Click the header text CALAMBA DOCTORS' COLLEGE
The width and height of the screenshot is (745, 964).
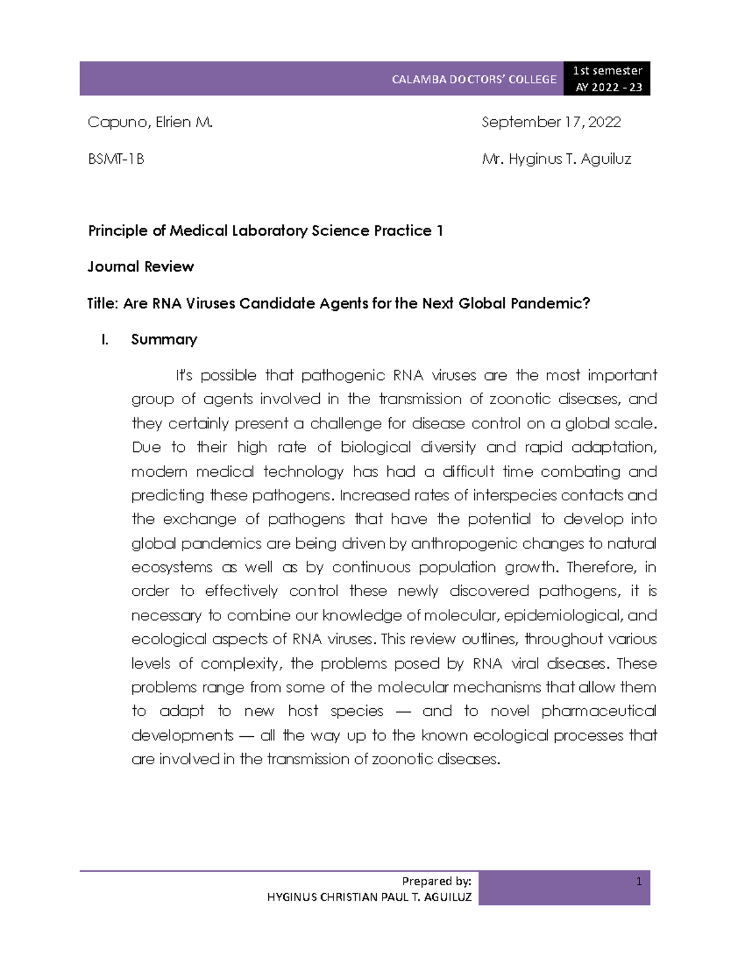pos(474,79)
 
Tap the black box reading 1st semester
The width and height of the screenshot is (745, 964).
pos(607,71)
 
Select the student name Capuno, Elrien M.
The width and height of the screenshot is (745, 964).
pos(150,122)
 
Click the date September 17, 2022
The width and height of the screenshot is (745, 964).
pos(551,122)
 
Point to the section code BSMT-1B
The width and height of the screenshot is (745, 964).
pos(116,160)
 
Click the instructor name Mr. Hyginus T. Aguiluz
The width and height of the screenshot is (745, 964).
pos(556,160)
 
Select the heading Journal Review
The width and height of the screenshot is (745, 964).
pos(141,267)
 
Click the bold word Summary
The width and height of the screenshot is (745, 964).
pos(164,340)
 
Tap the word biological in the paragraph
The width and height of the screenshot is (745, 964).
pos(376,448)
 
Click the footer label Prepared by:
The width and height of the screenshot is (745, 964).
pos(436,881)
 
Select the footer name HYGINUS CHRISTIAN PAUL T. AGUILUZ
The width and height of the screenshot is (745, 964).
pos(369,897)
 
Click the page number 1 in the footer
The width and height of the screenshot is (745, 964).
pos(639,881)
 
